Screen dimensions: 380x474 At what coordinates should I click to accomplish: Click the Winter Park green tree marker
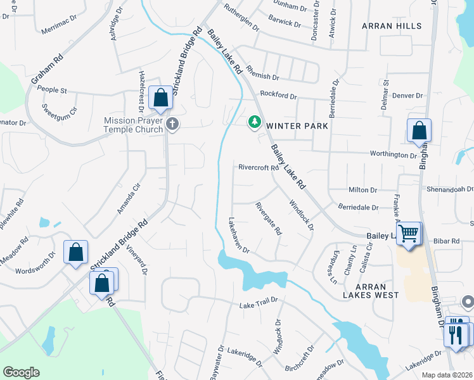coord(255,121)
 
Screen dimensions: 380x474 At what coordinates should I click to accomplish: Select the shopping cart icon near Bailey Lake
coord(409,233)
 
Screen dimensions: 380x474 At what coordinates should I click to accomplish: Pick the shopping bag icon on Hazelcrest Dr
coord(161,98)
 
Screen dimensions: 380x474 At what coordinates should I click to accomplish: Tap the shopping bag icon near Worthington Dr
coord(419,131)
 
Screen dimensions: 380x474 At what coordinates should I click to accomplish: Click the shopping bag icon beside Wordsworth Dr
coord(76,253)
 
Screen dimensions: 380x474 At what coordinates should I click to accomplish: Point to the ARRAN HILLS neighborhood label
coord(392,26)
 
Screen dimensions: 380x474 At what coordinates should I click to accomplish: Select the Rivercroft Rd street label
coord(259,168)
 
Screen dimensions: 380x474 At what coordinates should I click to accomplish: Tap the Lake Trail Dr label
coord(259,306)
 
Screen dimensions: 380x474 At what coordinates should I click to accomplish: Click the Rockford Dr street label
coord(278,96)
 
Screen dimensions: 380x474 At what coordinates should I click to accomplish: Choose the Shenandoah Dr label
coord(449,188)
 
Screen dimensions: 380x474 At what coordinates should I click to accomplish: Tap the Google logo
coord(21,372)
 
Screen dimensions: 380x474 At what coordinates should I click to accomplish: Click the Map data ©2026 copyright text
coord(446,375)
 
